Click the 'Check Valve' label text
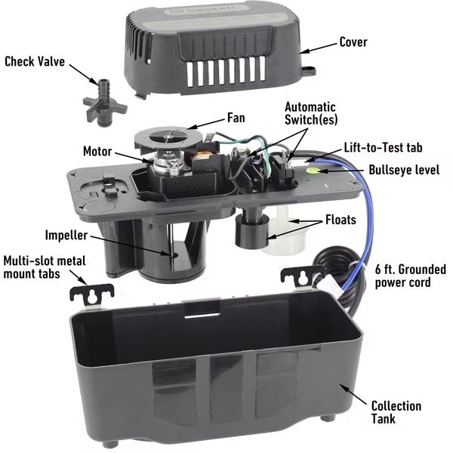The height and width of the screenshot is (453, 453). click(35, 62)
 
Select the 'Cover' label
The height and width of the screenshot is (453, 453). click(353, 42)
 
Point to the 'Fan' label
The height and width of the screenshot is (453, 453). click(236, 118)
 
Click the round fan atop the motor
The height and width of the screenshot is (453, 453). click(168, 137)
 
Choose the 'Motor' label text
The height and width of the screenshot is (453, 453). click(97, 151)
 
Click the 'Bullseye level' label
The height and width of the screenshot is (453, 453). click(404, 170)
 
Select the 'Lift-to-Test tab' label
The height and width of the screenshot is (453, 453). click(383, 147)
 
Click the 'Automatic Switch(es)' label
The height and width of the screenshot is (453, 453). click(310, 113)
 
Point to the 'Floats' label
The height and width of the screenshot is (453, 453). click(341, 220)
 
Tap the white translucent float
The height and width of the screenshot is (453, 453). click(286, 231)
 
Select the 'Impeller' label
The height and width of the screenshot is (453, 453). click(66, 235)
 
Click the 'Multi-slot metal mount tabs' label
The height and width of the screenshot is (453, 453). click(45, 267)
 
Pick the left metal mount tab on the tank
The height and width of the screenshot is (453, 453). click(92, 295)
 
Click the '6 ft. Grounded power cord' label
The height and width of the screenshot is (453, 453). click(410, 276)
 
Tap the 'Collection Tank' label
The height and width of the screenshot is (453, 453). click(396, 412)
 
